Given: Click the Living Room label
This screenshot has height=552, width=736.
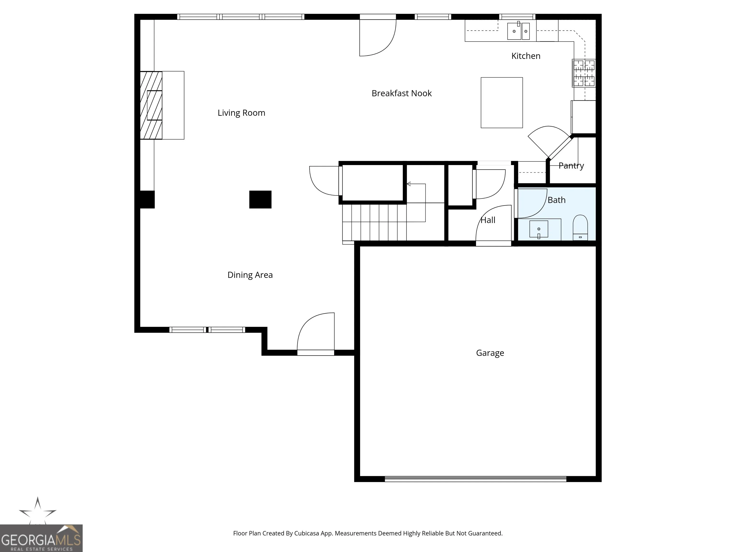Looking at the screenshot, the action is click(241, 113).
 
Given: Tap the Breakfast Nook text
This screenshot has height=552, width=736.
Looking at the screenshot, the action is click(402, 93).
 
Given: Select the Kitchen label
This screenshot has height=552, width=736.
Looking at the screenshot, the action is click(526, 56).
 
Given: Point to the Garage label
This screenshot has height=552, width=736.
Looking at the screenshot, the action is click(490, 353).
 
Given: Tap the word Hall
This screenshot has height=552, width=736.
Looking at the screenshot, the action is click(488, 220).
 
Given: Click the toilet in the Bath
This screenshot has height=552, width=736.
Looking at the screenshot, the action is click(580, 228).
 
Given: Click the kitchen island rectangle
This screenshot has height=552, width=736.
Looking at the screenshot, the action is click(502, 103).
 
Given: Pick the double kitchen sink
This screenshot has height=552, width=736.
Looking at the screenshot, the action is click(518, 31).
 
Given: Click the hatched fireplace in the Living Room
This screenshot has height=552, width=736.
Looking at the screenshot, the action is click(151, 105).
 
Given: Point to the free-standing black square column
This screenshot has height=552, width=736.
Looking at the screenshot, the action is click(260, 200).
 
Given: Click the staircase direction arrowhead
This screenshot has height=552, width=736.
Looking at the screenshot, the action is click(408, 184).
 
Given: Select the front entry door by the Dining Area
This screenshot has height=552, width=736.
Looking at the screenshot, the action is click(316, 334).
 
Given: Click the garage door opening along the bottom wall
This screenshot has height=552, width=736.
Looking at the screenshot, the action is click(476, 479).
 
